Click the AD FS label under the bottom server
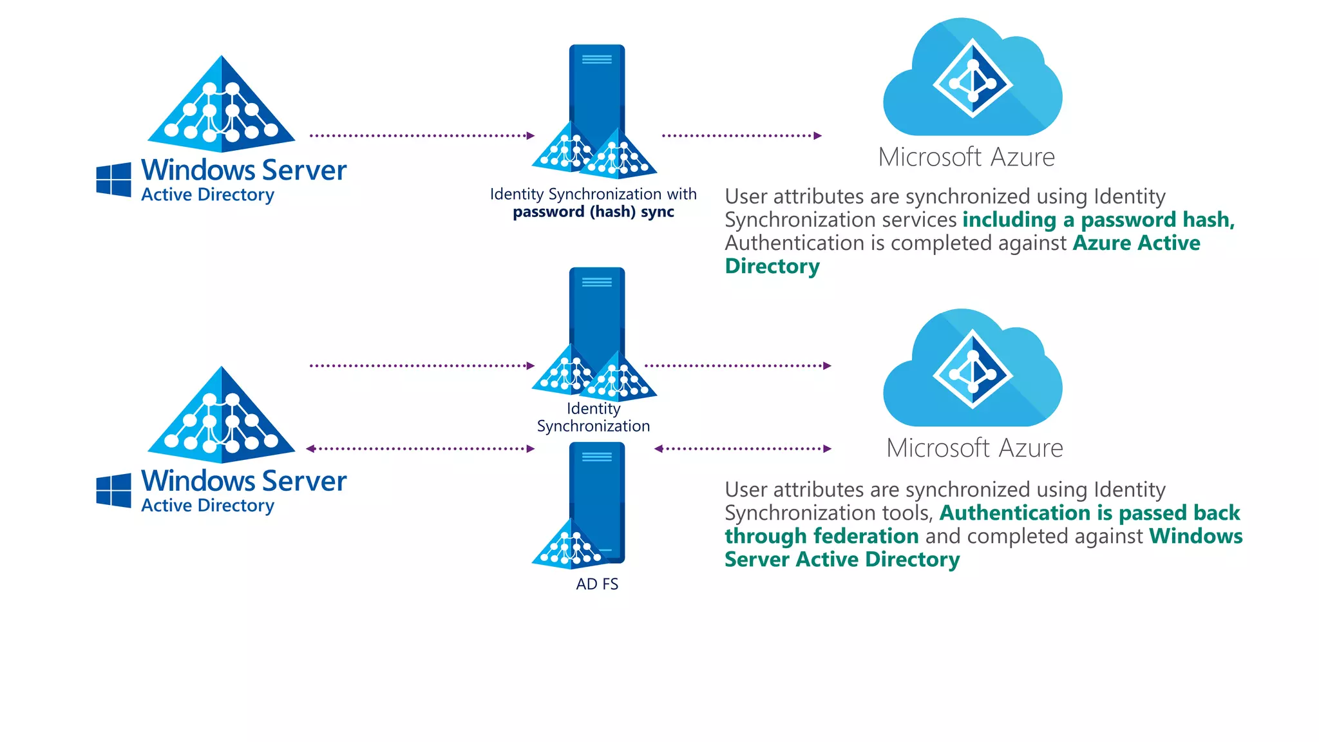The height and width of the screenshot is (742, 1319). (596, 584)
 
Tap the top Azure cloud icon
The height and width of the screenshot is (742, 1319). (972, 81)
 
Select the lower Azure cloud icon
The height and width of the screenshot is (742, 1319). (972, 372)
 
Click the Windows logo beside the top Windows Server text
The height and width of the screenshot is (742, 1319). (113, 180)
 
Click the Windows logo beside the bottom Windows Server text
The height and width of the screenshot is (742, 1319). (113, 491)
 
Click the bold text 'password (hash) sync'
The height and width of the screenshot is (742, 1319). (593, 212)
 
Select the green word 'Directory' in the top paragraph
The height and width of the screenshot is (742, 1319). (772, 266)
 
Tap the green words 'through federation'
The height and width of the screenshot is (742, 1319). (821, 536)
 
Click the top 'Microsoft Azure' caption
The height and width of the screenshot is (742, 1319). (966, 157)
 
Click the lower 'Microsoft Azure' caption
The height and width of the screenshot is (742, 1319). (974, 448)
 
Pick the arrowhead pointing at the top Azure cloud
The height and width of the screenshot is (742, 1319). (818, 136)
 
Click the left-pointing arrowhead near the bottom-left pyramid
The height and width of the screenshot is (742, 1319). (310, 449)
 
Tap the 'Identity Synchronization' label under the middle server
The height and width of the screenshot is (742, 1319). (593, 417)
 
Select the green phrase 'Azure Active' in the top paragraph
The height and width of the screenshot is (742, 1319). (1136, 243)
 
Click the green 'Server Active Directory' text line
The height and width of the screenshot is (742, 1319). (842, 559)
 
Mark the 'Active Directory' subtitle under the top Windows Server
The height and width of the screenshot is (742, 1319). (207, 195)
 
